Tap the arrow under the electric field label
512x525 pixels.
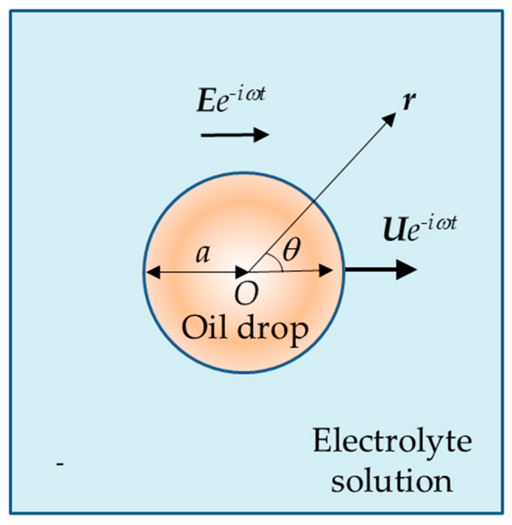click(x=235, y=135)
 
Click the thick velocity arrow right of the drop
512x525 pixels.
click(x=381, y=270)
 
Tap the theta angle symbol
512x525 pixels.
click(x=290, y=251)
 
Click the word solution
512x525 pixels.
click(x=392, y=481)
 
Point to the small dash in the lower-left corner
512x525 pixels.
click(x=60, y=464)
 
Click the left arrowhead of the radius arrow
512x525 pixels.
click(x=152, y=271)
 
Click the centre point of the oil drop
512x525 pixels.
click(x=247, y=271)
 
